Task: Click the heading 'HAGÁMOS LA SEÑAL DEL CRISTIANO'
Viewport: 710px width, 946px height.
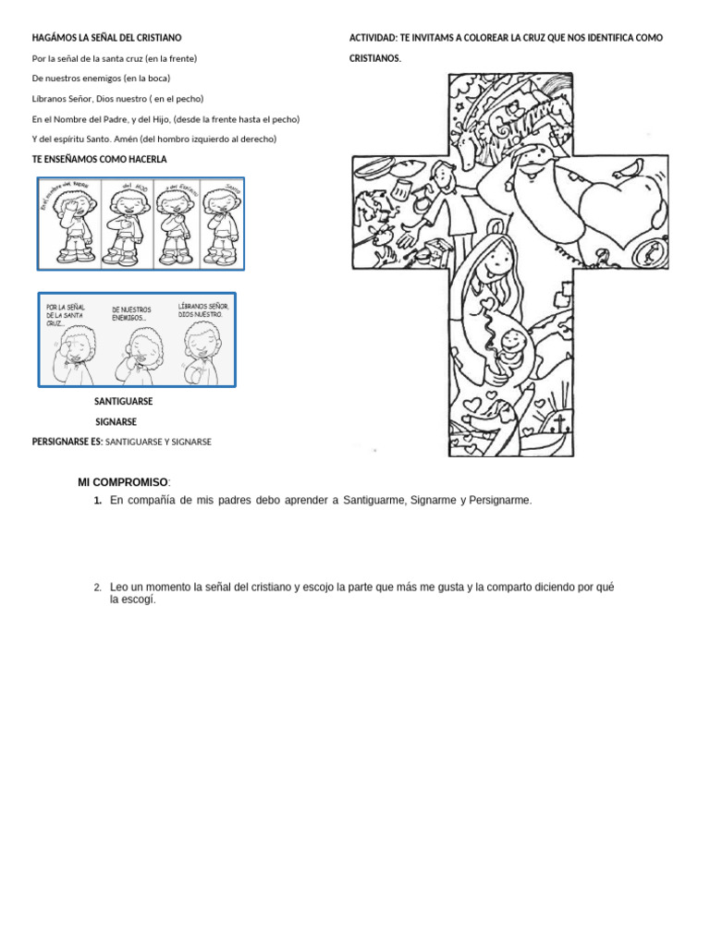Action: pos(106,38)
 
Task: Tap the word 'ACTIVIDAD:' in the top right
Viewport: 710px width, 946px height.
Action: pos(373,38)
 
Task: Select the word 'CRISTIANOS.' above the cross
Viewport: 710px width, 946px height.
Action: pos(374,58)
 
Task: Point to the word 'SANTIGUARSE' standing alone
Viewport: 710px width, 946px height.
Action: pos(124,402)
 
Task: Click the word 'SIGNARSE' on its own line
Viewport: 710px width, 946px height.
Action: pos(116,422)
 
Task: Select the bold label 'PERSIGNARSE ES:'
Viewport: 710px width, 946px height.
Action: pos(67,443)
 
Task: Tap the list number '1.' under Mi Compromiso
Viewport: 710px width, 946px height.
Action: pos(97,501)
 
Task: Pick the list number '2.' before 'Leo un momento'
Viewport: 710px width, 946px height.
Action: pos(97,588)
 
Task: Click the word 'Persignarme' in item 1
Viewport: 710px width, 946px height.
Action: pos(500,501)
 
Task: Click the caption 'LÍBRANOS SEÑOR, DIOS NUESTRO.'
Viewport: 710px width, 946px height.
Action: pos(202,309)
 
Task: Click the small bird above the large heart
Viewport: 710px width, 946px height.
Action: pos(634,168)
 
